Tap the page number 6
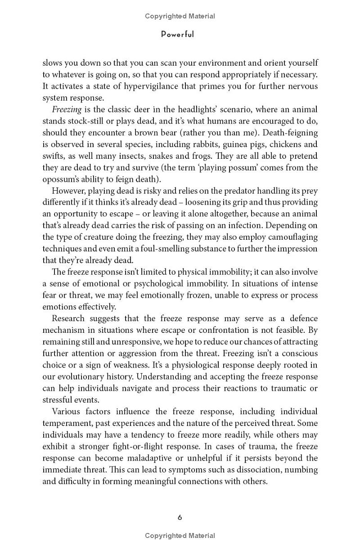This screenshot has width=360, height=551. point(180,517)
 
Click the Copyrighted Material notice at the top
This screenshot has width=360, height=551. point(180,16)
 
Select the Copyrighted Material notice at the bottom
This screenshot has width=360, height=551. point(180,536)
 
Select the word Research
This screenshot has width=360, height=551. point(71,318)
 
